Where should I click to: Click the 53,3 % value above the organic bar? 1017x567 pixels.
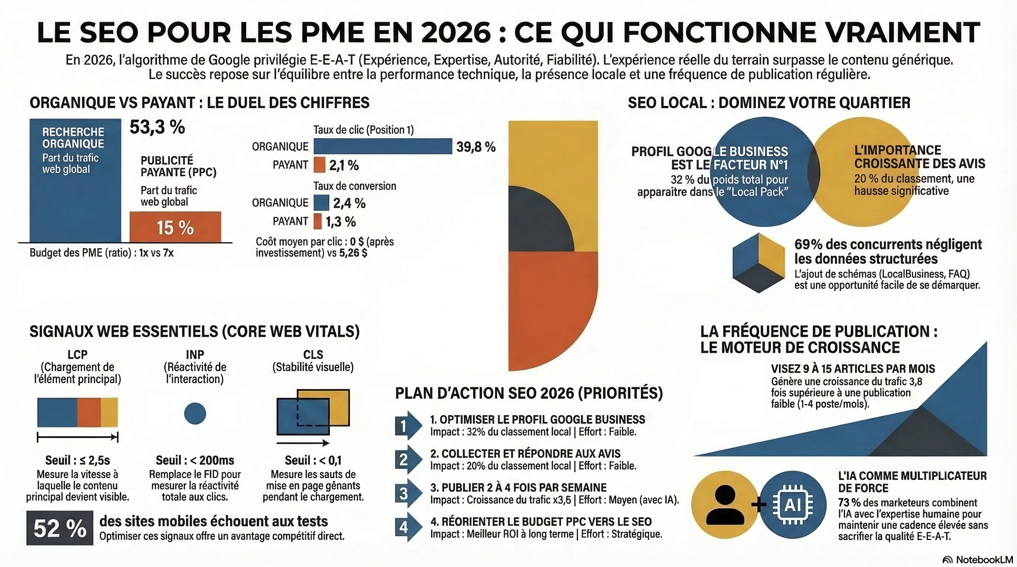click(157, 127)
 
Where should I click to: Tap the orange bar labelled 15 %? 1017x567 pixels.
click(175, 227)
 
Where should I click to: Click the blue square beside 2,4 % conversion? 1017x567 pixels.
click(322, 203)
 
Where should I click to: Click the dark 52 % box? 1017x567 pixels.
click(59, 528)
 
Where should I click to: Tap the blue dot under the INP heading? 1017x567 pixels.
click(195, 413)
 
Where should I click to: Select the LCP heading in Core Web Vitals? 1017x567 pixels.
click(77, 354)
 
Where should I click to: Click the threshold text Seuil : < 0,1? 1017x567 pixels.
click(313, 460)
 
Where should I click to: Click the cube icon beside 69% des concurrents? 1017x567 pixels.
click(758, 263)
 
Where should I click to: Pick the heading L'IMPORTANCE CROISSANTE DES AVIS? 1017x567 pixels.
click(919, 157)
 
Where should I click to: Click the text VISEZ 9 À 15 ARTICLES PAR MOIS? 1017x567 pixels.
click(853, 369)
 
